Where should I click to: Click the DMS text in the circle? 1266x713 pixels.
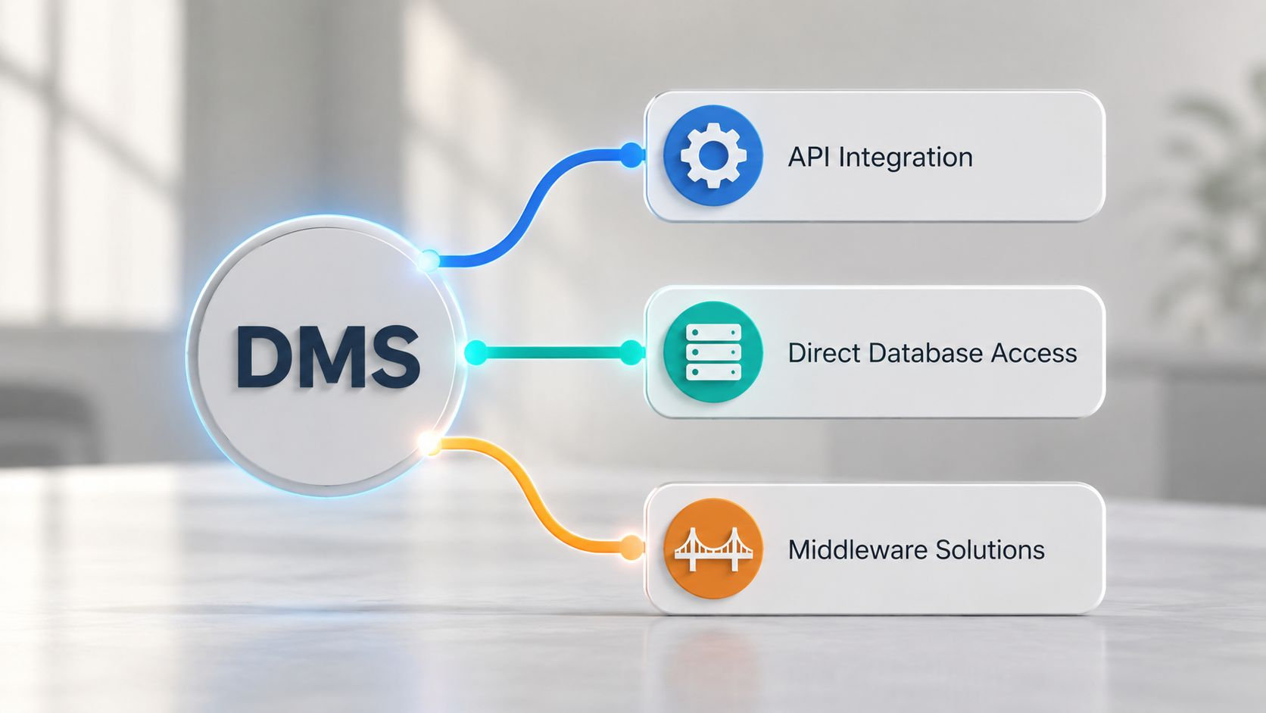click(x=328, y=357)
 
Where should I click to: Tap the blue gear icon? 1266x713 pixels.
click(x=713, y=155)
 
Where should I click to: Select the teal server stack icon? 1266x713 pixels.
click(x=713, y=352)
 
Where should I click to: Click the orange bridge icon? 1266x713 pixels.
click(x=713, y=549)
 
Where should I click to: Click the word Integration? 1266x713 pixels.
click(x=906, y=158)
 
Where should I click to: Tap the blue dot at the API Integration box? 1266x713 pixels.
click(x=631, y=155)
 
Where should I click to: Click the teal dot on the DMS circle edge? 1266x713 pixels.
click(x=476, y=352)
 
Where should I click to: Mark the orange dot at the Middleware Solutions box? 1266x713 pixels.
click(x=631, y=547)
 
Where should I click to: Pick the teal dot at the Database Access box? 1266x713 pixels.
click(x=631, y=352)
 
